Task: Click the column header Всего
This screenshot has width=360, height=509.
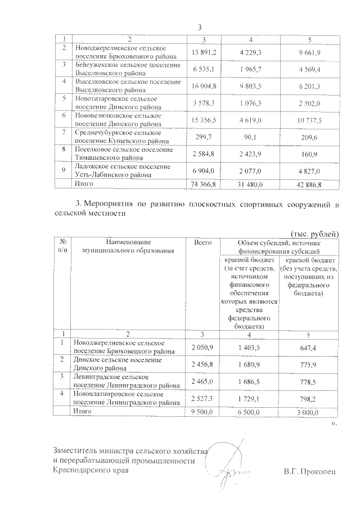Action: click(x=202, y=242)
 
